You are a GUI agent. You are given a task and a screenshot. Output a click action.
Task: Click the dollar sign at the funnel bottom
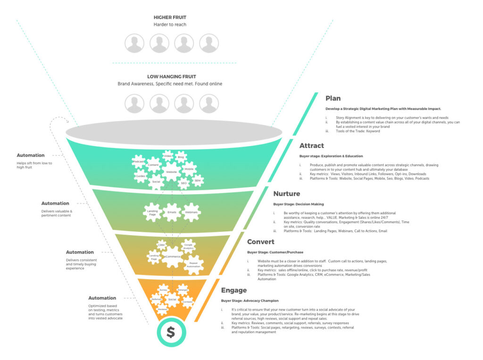coord(170,332)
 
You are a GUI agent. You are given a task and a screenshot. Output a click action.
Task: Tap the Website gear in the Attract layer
coord(171,172)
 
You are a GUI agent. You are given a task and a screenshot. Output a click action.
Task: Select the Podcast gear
coord(139,161)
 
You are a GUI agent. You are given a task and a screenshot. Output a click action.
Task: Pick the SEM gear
coord(197,180)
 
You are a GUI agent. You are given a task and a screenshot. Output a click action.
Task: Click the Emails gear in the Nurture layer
coord(171,212)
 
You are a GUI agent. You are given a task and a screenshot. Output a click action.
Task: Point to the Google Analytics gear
coord(189,246)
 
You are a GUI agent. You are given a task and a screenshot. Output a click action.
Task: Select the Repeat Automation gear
coord(193,264)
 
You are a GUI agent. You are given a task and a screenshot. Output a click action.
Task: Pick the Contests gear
coord(187,302)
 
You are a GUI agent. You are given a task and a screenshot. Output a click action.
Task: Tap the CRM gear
coord(161,245)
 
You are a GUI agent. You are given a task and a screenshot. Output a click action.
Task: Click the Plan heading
coord(333,98)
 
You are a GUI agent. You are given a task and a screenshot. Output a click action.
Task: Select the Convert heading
coord(261,242)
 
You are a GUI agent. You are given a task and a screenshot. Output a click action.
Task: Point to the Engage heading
coord(234,290)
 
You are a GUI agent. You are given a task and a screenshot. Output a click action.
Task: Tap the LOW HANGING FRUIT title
coord(171,76)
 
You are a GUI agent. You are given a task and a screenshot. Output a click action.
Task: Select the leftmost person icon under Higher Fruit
coord(134,43)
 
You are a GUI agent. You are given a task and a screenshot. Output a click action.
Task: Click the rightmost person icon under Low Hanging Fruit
coord(209,104)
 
